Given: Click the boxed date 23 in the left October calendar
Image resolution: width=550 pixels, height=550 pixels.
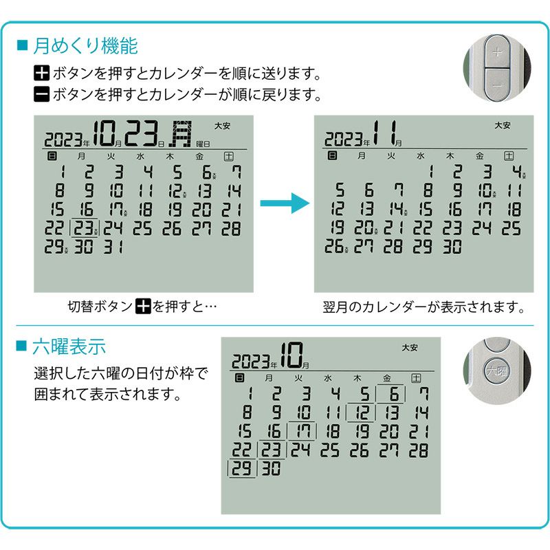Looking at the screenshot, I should (85, 229).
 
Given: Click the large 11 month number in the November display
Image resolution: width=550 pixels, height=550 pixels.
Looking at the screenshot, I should (386, 133).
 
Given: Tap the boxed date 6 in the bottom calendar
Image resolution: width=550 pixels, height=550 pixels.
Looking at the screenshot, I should (393, 395).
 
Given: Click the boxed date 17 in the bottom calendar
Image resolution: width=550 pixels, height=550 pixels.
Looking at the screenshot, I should (302, 432).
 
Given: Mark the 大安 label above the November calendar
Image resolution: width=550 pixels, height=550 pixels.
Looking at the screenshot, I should (503, 125).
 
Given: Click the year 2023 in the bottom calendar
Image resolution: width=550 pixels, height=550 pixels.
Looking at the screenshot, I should (250, 360).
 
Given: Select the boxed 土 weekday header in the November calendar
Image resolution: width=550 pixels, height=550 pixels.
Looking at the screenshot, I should (509, 157).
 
